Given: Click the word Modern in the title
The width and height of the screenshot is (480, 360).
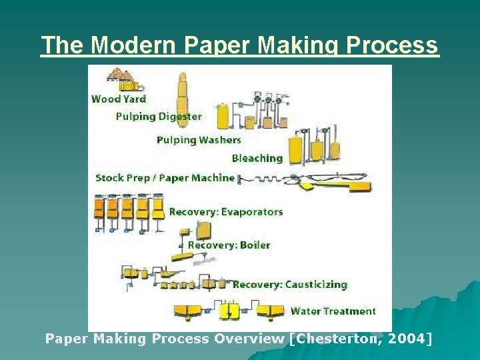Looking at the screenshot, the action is pos(131,45).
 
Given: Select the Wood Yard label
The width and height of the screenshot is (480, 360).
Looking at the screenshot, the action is pos(118,99).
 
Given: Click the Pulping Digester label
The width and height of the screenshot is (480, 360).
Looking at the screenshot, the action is pos(159,116).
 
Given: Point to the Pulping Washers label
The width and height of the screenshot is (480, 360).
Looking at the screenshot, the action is pos(199,140).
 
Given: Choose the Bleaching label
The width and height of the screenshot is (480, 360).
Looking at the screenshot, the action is pos(257,158).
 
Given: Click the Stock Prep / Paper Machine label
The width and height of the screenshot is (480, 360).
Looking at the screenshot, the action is pos(165,178).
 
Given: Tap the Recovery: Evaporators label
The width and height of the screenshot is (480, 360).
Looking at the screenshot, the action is pos(226,212).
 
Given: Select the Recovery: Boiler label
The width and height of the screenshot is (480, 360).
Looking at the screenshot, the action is pos(229,245).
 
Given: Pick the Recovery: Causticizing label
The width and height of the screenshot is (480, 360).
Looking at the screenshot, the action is pos(290,285).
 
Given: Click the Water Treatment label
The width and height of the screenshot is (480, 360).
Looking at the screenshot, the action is pos(333,311).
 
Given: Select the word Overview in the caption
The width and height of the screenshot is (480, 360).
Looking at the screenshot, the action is pos(249,339).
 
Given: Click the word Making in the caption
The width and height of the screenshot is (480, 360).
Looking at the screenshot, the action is pos(117,339).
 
